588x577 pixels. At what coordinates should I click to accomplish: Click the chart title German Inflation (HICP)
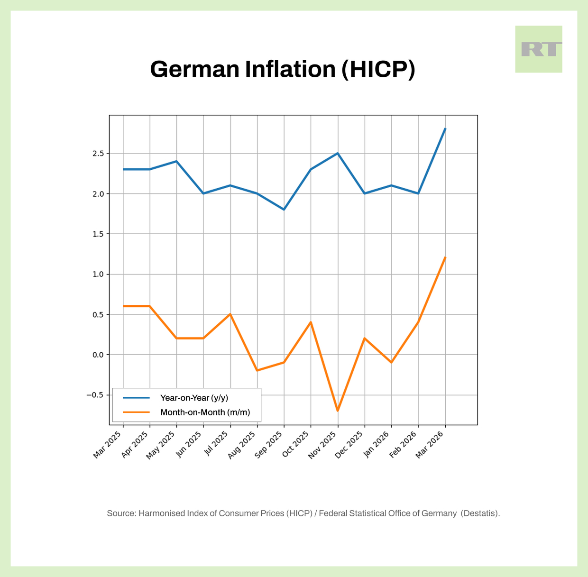283,69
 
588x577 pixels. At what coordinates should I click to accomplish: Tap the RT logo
539,49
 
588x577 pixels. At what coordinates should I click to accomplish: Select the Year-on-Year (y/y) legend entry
194,398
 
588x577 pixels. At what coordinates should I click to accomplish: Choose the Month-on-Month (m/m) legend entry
205,412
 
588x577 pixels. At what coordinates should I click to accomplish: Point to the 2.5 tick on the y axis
98,154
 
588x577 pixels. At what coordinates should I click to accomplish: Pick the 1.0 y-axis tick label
98,274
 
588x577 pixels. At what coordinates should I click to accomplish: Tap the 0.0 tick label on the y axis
98,355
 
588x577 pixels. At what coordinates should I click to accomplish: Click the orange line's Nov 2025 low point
338,411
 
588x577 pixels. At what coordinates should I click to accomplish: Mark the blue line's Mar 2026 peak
445,129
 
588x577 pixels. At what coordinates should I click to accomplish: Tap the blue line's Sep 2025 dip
284,210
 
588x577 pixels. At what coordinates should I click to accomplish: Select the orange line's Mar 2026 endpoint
445,257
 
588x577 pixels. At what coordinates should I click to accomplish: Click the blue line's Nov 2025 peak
338,153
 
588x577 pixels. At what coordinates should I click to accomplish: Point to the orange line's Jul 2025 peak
230,314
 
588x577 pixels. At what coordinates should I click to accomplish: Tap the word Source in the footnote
121,513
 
